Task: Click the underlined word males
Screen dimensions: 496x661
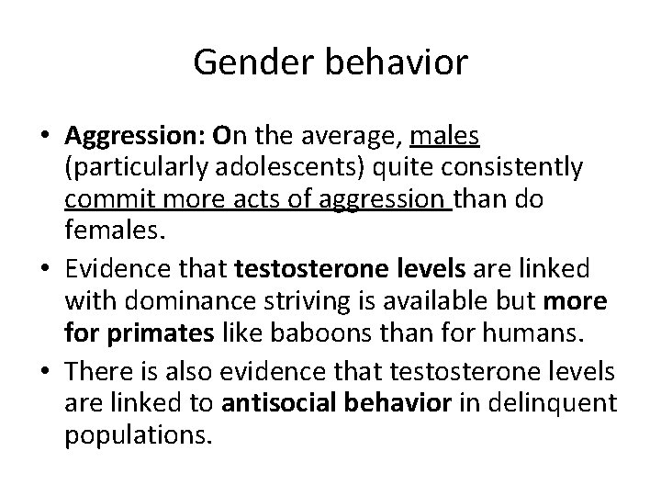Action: (445, 138)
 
